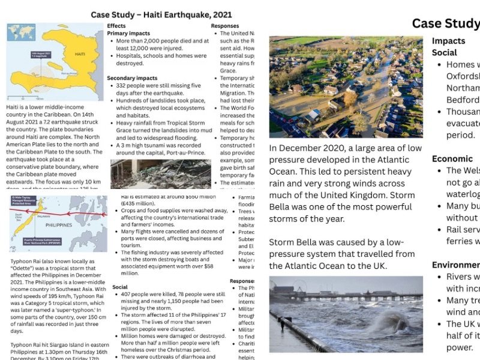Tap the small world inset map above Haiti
[x=20, y=32]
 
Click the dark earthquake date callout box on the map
[x=43, y=55]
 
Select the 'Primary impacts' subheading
[x=128, y=34]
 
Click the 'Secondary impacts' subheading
[x=132, y=78]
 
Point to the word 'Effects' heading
[x=116, y=26]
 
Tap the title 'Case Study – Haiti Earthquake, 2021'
[x=161, y=14]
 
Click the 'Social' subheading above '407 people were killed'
[x=120, y=287]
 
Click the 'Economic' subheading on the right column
[x=452, y=159]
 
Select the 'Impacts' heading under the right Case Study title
[x=449, y=41]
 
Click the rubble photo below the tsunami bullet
[x=161, y=174]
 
